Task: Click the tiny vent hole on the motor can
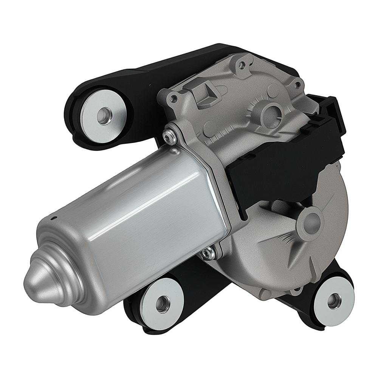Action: [x=54, y=218]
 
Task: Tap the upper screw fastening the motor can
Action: [x=170, y=136]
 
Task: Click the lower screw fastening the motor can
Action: [x=207, y=254]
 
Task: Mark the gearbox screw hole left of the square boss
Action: [x=174, y=99]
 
